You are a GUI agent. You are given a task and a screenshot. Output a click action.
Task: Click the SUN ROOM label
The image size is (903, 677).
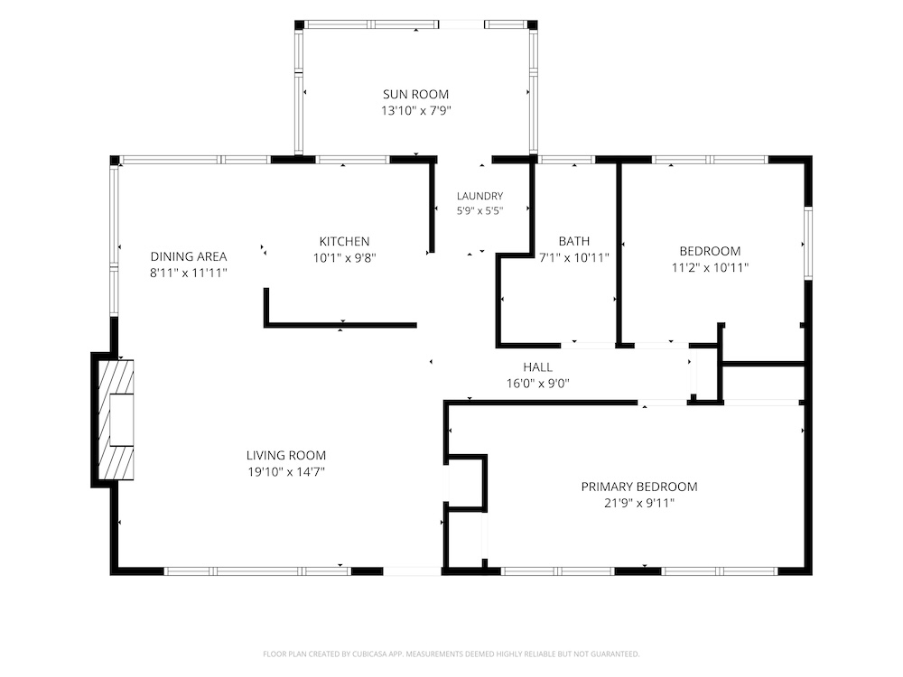coord(415,95)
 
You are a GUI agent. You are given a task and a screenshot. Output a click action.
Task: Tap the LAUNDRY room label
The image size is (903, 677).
coord(479,196)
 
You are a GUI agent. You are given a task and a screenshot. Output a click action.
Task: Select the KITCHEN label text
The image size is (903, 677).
coord(344,241)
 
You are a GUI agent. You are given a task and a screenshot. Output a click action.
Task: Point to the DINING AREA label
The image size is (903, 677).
coord(189,256)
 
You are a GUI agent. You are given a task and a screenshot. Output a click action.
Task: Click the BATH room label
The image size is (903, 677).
coord(573,241)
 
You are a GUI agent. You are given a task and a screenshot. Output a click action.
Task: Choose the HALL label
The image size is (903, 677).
coord(537,367)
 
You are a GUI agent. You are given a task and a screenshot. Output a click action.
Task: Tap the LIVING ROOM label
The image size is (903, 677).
coord(285,456)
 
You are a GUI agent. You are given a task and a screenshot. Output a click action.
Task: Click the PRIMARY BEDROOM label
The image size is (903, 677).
coord(639,487)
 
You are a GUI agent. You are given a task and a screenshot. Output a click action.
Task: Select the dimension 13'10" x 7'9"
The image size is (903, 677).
coord(415,110)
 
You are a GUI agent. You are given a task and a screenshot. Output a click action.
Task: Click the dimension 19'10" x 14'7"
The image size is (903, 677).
coord(286,472)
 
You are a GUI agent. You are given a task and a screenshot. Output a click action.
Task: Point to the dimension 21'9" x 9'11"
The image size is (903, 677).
coord(639,503)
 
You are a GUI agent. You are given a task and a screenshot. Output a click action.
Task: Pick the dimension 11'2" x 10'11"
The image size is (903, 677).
coord(710,267)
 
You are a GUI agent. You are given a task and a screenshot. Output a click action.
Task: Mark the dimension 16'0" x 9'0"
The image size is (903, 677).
coord(538,384)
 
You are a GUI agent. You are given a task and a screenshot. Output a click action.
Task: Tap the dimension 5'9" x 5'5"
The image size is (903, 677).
coord(479,210)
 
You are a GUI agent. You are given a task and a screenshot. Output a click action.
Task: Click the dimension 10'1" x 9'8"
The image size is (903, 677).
coord(344,257)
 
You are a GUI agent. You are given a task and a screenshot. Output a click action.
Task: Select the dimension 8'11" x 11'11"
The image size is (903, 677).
coord(189,273)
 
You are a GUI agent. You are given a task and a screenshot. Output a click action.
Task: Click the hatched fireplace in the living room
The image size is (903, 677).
coord(116,420)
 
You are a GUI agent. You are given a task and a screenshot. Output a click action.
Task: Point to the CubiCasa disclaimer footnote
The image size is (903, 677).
coord(451,654)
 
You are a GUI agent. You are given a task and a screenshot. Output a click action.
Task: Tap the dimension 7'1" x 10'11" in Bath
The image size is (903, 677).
coord(573,257)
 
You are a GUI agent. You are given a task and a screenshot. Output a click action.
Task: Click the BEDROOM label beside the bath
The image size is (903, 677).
coord(710,251)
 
